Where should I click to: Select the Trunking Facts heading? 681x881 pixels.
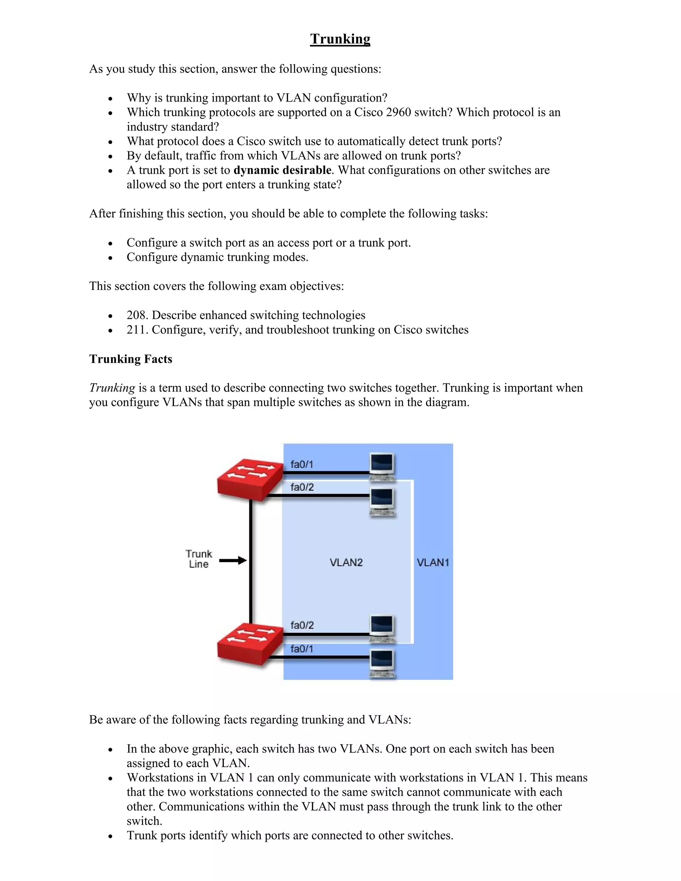click(131, 359)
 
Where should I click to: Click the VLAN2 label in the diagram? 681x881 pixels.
click(346, 562)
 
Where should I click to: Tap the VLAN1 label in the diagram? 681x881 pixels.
click(433, 562)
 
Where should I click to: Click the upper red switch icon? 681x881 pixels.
click(249, 479)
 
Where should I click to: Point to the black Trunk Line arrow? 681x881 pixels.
click(233, 560)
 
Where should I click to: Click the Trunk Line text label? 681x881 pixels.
click(199, 559)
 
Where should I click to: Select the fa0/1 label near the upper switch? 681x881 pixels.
click(302, 464)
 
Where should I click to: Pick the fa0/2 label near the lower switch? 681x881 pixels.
click(302, 625)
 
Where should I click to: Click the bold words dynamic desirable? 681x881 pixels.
click(282, 170)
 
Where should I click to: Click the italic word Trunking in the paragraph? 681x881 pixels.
click(112, 388)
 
